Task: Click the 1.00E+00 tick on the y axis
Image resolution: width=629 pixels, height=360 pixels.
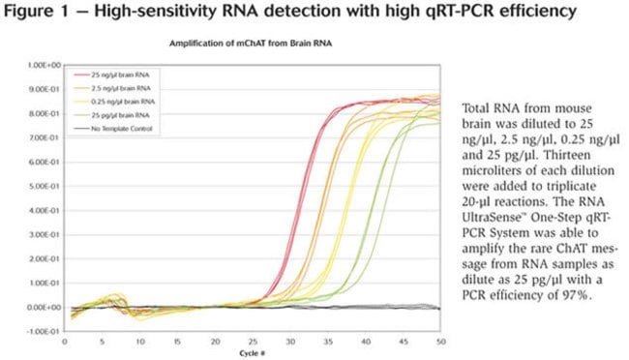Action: click(45, 65)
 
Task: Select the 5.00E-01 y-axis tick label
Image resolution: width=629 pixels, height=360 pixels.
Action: click(45, 186)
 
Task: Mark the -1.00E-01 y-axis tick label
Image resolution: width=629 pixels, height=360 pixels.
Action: click(44, 331)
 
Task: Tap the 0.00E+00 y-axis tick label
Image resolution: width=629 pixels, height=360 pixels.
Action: click(45, 307)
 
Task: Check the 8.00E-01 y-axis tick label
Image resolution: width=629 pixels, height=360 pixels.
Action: click(45, 113)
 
